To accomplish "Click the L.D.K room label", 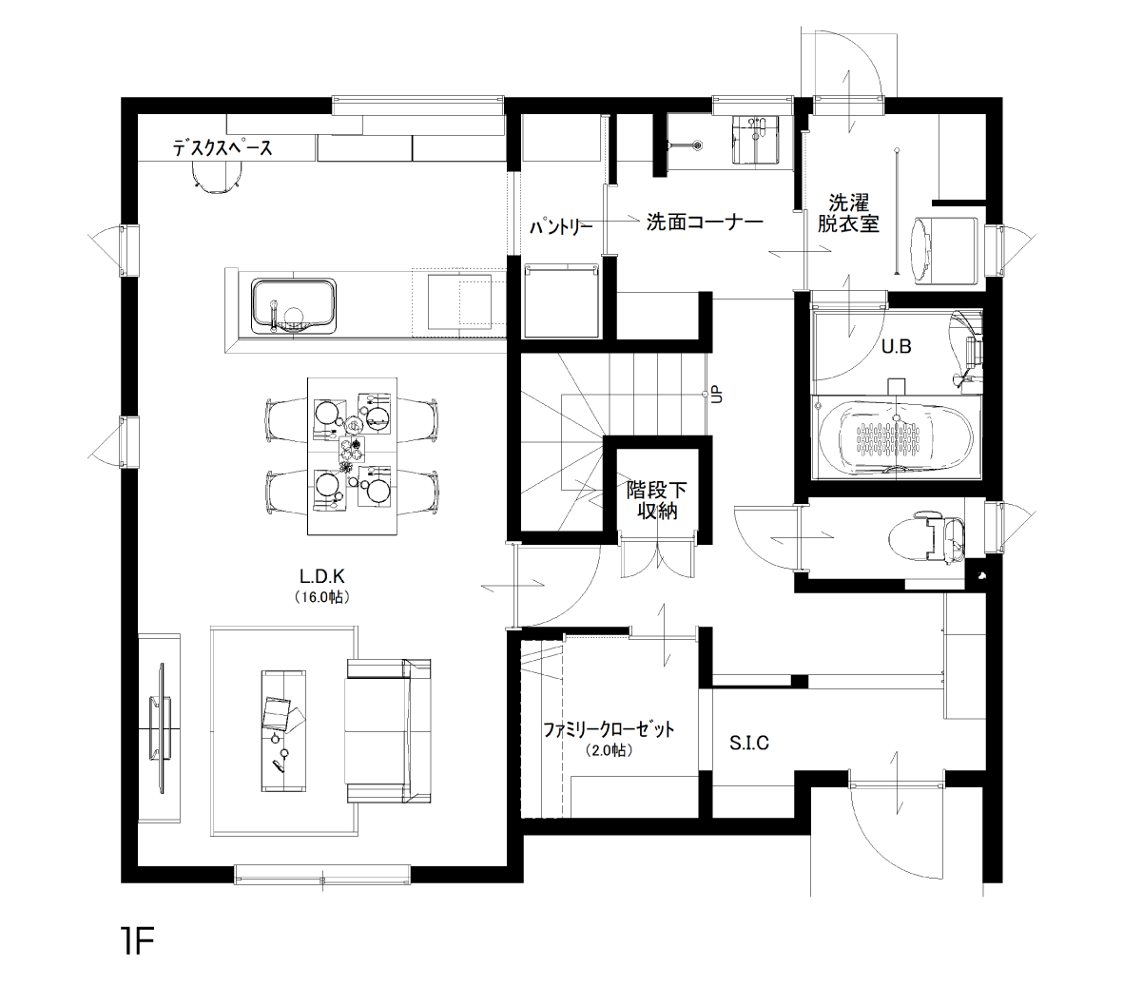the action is coord(322,576).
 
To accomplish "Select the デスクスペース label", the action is coord(223,148).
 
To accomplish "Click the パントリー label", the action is coord(561,227).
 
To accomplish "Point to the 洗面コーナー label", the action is coord(705,222).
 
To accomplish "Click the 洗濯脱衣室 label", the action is coord(849,213).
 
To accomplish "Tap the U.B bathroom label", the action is coord(896,347).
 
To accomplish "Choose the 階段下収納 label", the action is coord(657,500).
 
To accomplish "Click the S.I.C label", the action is coord(749,744).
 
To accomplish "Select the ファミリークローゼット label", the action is coord(609,729).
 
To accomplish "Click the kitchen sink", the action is coord(294,306).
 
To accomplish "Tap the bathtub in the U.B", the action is coord(895,436).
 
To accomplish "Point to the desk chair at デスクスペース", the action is coord(216,175).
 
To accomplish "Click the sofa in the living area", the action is coord(388,731).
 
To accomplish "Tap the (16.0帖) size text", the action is coord(322,596).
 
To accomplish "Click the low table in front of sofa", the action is coord(283,731).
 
